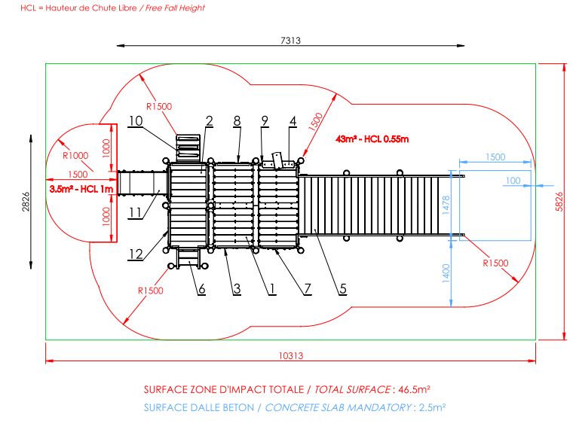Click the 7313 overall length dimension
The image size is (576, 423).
290,41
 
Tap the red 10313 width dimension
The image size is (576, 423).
291,356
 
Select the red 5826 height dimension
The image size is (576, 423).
559,202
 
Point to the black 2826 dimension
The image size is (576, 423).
26,202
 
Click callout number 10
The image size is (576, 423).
136,121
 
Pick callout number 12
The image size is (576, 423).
136,254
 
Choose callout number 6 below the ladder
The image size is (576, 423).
201,289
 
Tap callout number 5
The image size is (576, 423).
343,289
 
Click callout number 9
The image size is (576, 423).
265,121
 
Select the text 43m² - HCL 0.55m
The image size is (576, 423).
372,139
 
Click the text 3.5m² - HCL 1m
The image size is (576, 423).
81,190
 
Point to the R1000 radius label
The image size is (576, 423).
75,156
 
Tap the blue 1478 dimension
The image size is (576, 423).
446,205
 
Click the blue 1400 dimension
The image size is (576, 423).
446,273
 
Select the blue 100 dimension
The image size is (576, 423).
513,181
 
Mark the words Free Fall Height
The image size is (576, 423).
175,8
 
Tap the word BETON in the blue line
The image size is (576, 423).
239,408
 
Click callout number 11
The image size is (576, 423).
135,213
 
